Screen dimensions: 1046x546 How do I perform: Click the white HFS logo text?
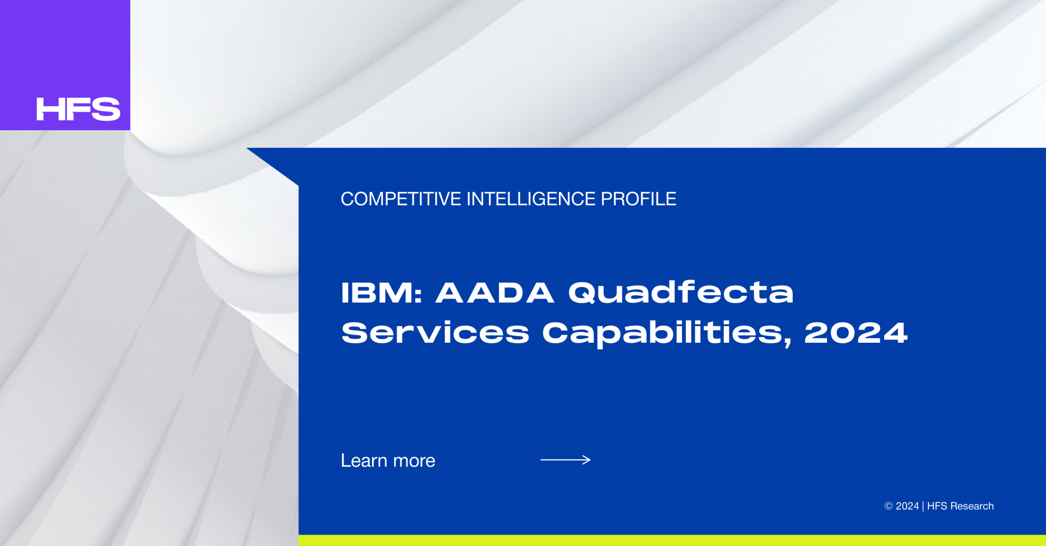[78, 109]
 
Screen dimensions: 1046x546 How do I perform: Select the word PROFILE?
[638, 199]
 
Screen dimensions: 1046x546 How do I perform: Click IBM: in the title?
[381, 293]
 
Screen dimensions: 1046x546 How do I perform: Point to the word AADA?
[495, 293]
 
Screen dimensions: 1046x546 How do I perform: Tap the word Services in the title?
[435, 332]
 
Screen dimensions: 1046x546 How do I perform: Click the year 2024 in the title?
[856, 332]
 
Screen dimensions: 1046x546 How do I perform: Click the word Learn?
[364, 460]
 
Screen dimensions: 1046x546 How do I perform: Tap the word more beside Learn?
[414, 462]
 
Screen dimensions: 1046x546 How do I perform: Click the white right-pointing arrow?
[565, 460]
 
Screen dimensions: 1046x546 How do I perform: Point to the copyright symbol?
[889, 506]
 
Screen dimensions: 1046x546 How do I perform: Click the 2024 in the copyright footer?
[907, 506]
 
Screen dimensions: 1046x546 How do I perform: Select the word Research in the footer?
[972, 506]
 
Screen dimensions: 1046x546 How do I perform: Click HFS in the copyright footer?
[937, 506]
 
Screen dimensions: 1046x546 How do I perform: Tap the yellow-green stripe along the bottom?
[672, 541]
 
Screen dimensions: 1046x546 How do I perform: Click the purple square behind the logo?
[65, 49]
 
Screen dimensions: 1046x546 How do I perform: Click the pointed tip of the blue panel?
[247, 148]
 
